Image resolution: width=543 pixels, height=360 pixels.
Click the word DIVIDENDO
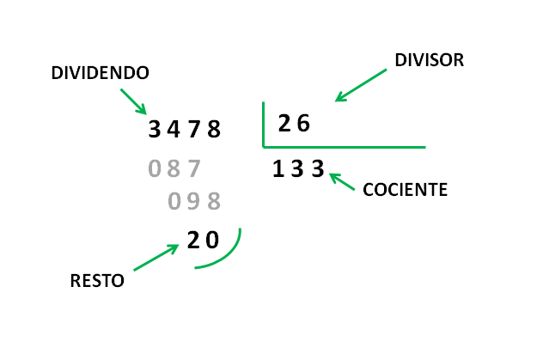coord(100,73)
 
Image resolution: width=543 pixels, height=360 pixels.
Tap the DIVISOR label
coord(429,60)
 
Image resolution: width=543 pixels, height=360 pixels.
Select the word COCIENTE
coord(405,190)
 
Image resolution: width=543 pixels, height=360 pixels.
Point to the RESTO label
coord(97,280)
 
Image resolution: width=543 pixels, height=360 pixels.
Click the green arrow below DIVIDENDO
coord(134,101)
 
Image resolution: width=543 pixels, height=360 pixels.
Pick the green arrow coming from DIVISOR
coord(361,85)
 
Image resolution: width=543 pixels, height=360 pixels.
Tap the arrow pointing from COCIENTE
coord(342,181)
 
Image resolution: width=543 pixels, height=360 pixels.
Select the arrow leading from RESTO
coord(156,257)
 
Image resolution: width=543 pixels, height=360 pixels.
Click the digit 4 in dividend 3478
coord(174,129)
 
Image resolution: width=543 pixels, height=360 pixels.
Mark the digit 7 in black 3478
coord(194,129)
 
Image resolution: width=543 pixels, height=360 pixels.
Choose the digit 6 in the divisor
coord(303,123)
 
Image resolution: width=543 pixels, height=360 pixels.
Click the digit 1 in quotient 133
coord(278,168)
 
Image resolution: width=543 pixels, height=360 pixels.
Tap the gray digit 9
coord(194,201)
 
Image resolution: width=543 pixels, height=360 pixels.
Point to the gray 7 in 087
coord(194,168)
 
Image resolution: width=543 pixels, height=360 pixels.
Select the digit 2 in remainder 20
coord(193,240)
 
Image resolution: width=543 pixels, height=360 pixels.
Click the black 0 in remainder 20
coord(212,240)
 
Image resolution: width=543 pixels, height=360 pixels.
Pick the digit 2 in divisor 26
coord(284,123)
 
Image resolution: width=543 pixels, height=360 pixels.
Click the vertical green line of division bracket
coord(264,125)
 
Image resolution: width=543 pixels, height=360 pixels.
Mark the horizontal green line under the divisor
coord(345,147)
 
